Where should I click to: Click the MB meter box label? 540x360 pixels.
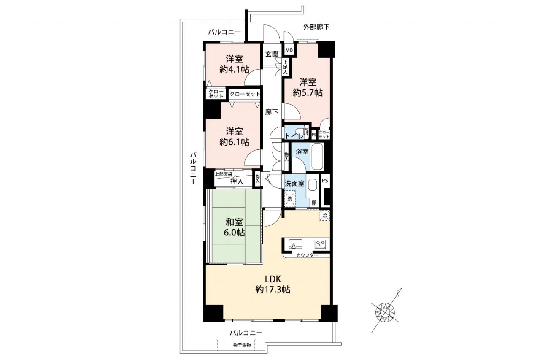coord(289,50)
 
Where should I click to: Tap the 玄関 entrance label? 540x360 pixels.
coord(272,54)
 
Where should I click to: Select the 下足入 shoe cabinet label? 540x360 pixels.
coord(285,67)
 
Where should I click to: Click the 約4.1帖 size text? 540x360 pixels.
coord(234,70)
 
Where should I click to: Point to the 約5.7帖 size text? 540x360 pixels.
coord(308,92)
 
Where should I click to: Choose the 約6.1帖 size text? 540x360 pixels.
coord(234,142)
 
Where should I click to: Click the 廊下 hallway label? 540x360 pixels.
coord(272,112)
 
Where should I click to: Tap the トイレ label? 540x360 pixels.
coord(294,136)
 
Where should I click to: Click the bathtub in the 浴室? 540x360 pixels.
coord(317,157)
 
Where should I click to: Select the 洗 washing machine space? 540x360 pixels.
coord(290,199)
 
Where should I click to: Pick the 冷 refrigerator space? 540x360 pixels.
coord(325,216)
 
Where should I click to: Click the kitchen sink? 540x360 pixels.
coord(295,244)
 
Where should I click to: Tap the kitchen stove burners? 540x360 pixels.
coord(321,244)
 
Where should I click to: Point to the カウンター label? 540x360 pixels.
coord(307,255)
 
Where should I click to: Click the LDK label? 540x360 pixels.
coord(273,279)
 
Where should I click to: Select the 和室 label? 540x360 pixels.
coord(234,222)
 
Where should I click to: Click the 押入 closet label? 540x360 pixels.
coord(237,181)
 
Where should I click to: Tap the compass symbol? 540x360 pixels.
coord(385,312)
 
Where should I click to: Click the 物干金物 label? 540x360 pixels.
coord(242,345)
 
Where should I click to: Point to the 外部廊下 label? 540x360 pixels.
coord(316,27)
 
